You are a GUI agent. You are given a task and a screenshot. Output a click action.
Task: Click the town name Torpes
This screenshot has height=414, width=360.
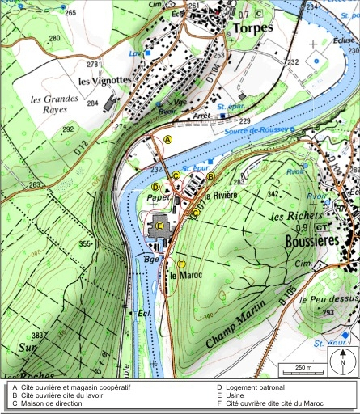[x=252, y=28]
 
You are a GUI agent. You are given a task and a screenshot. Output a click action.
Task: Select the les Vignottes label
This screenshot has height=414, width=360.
[x=105, y=81]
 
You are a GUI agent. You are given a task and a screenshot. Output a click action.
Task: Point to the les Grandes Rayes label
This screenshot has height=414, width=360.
[x=56, y=105]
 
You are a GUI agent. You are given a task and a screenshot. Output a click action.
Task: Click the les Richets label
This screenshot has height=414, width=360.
[x=296, y=218]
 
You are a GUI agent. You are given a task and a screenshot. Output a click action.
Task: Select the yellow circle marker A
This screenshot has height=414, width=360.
[x=168, y=140]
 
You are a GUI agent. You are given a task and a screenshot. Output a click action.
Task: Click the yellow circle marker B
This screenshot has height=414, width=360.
[x=210, y=175]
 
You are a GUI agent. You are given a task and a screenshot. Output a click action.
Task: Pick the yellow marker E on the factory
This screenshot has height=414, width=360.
[x=160, y=226]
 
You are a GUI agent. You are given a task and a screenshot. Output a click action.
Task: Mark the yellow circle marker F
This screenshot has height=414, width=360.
[x=181, y=264]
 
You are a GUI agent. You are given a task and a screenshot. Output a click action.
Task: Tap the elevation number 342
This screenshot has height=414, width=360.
[x=273, y=195]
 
